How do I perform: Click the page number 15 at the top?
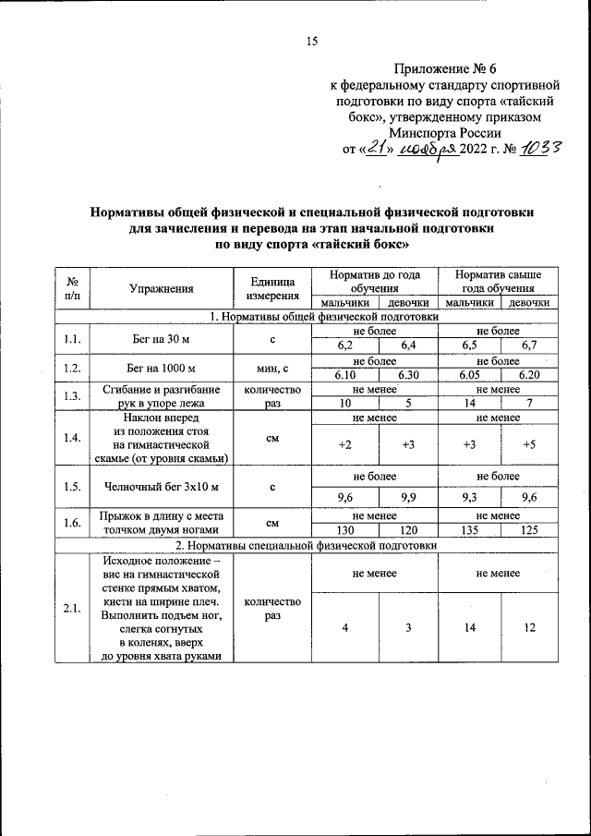pos(311,40)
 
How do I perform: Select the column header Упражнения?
pos(161,288)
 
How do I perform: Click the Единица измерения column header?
pos(272,288)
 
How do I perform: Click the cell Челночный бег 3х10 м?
pos(161,486)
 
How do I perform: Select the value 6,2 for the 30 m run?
pos(345,345)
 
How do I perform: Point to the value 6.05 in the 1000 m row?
pos(469,375)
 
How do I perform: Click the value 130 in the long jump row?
pos(345,530)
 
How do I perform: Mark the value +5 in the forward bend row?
pos(529,444)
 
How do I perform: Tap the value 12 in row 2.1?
pos(529,627)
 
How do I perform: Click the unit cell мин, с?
pos(272,369)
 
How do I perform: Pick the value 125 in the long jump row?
pos(529,530)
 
